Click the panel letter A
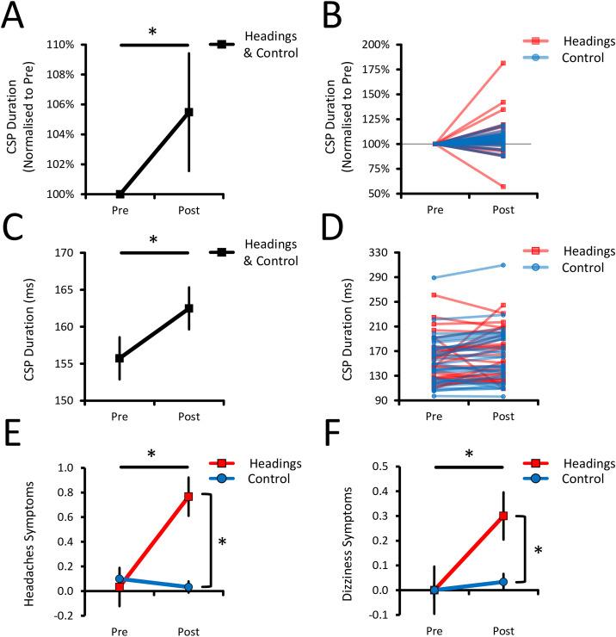coord(14,16)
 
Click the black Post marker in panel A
coord(188,112)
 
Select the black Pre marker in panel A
coord(120,194)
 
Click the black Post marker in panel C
coord(188,308)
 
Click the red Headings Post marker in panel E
coord(188,497)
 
